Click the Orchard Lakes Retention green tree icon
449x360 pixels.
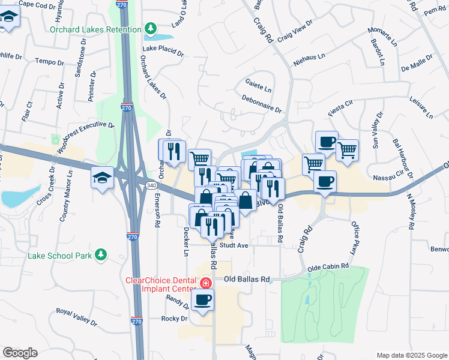(150, 29)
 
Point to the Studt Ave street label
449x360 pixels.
(234, 245)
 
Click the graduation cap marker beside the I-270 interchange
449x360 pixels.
(102, 178)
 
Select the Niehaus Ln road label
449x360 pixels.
(309, 56)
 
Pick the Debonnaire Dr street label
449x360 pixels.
(262, 103)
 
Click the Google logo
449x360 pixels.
(20, 353)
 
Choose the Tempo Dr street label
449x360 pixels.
(50, 62)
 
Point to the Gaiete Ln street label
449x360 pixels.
(259, 85)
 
